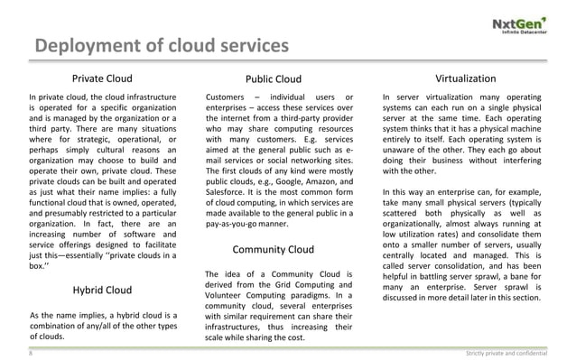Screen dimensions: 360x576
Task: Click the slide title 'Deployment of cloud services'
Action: click(162, 47)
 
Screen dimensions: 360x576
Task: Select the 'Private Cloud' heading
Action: click(105, 78)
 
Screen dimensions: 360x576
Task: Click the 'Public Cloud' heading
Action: click(274, 78)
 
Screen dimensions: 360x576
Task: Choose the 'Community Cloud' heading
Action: click(274, 249)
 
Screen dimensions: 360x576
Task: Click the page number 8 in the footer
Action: click(31, 353)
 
